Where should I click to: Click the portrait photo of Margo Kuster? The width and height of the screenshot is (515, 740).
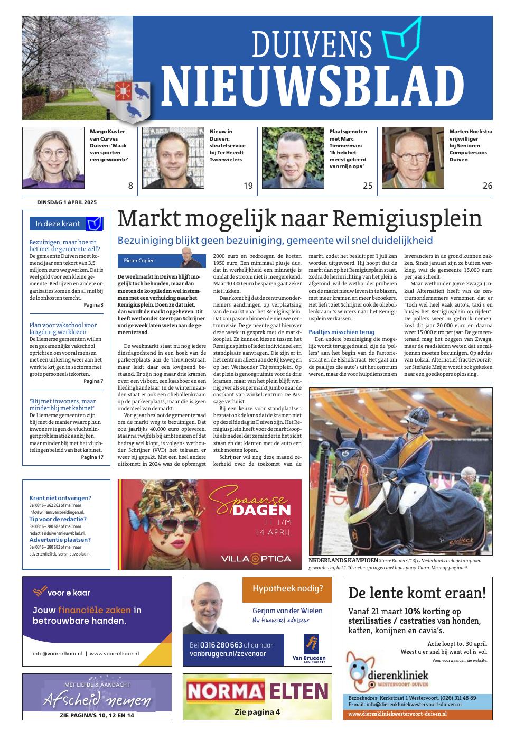[53, 158]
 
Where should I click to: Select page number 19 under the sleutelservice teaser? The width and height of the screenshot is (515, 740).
[248, 186]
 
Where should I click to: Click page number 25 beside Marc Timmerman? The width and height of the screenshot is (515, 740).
[368, 186]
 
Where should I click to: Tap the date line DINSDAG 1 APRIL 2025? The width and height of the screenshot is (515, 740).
[67, 202]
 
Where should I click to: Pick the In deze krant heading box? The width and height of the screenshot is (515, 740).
[66, 224]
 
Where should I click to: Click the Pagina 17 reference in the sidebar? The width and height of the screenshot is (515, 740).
[92, 457]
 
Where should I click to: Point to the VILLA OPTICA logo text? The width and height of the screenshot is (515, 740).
[256, 559]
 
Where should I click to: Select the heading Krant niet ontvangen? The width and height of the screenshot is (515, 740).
[60, 498]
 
